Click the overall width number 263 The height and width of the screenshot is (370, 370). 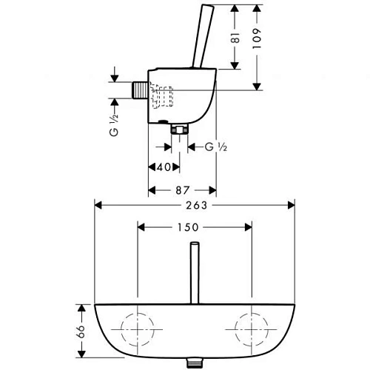click(x=194, y=205)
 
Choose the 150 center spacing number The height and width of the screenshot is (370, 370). click(x=194, y=227)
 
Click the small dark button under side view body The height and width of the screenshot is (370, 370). click(x=161, y=120)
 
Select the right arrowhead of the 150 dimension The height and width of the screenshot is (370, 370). click(x=247, y=227)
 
